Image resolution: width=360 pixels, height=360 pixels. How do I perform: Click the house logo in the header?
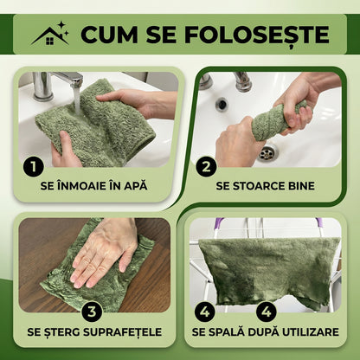coord(50,34)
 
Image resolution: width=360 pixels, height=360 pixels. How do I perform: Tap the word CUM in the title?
coord(109,35)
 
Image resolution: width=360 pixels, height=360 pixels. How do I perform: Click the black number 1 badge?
coord(34,166)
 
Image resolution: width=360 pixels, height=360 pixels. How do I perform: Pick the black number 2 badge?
coord(206,166)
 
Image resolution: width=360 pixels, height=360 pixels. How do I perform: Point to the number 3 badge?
coord(92,312)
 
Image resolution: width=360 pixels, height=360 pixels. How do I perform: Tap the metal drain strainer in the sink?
coord(267,152)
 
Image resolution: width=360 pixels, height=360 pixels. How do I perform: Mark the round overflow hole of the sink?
coord(222,103)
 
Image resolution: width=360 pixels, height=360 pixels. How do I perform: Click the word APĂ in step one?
coord(135,185)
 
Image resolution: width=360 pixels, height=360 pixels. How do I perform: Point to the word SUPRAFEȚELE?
coord(122,332)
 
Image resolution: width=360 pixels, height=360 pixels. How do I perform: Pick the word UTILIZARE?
coord(311,332)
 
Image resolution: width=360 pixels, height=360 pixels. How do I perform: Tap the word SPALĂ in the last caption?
coord(226,331)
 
